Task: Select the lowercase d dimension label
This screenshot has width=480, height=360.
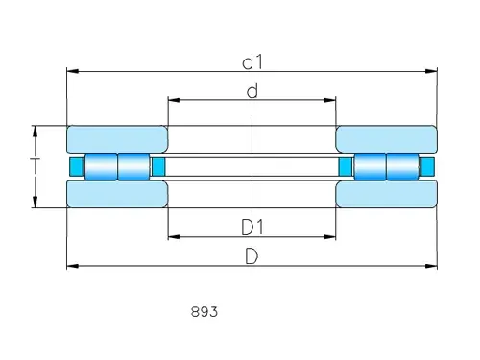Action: (252, 91)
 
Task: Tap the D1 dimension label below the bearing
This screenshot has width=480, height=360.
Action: (252, 227)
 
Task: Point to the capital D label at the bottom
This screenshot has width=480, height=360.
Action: (252, 256)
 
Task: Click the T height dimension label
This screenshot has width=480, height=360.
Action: (35, 166)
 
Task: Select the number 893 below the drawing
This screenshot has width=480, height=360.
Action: (204, 311)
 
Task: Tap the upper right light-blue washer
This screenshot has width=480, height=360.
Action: (386, 137)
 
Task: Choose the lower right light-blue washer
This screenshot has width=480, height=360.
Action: (386, 195)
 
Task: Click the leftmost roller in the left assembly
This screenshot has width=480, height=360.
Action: (100, 166)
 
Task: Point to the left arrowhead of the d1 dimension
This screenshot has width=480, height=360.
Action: (70, 71)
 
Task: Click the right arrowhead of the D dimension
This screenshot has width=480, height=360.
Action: (433, 266)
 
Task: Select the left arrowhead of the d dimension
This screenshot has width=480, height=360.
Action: (173, 99)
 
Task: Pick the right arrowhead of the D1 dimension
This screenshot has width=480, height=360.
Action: (331, 236)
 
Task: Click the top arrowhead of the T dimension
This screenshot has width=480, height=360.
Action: (36, 130)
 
